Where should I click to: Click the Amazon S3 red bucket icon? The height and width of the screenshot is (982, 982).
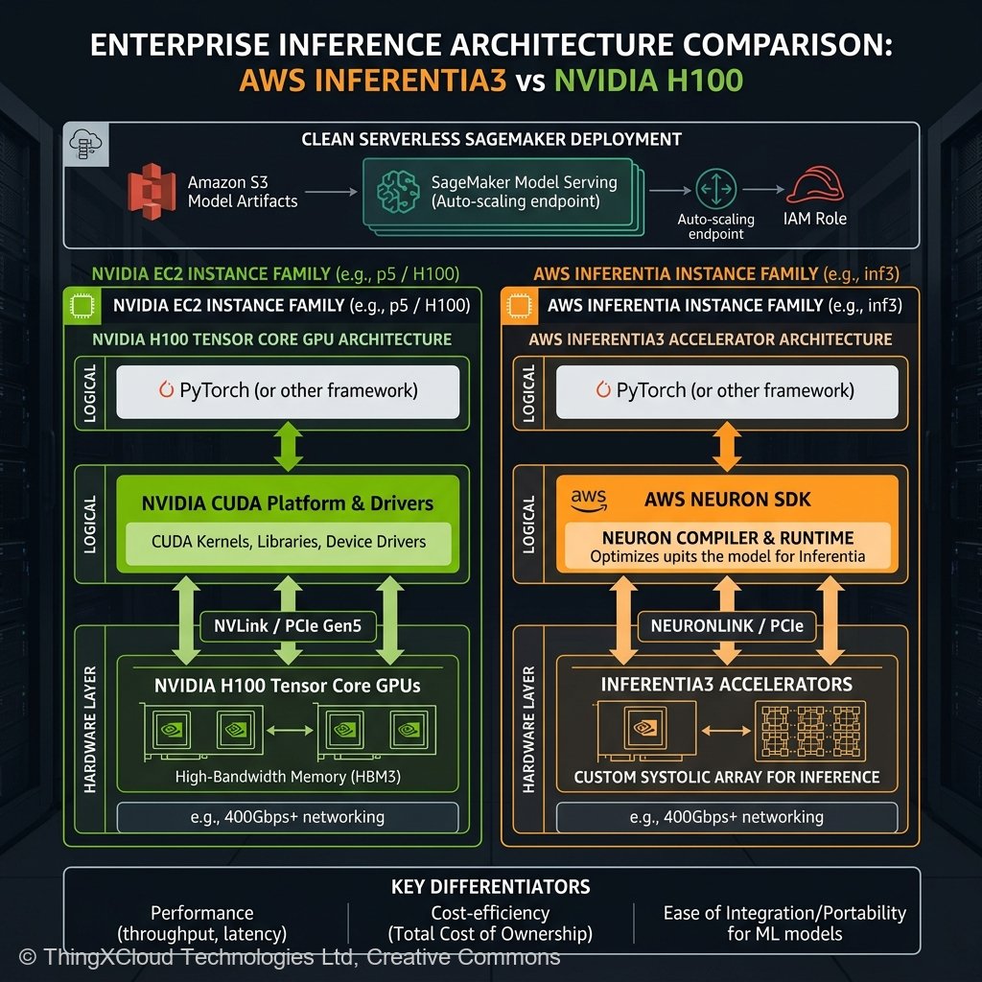click(x=151, y=191)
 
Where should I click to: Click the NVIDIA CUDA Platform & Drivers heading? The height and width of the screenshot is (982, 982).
click(x=288, y=503)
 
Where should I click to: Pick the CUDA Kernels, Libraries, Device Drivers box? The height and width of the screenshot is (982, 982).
click(x=288, y=542)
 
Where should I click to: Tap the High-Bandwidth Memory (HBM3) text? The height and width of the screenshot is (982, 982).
click(x=288, y=777)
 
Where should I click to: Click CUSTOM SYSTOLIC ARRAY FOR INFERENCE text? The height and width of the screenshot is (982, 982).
click(x=727, y=777)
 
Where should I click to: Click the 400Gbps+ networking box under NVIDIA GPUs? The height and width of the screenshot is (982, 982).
click(x=288, y=817)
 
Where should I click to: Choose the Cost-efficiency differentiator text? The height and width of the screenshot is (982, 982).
click(x=490, y=924)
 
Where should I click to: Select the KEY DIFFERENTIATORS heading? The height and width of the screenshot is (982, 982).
click(x=491, y=887)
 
